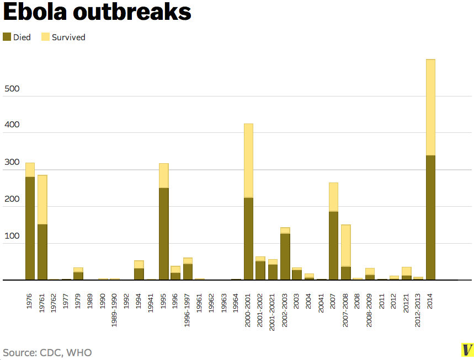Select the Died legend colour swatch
[x=7, y=37]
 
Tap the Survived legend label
[x=68, y=37]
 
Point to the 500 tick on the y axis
[x=12, y=89]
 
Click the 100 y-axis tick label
[x=12, y=236]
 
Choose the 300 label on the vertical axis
[x=12, y=162]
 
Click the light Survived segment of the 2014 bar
[x=430, y=108]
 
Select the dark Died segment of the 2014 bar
[x=430, y=218]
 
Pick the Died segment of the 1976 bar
[x=30, y=228]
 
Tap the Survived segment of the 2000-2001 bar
[x=248, y=160]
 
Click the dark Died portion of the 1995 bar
[x=163, y=234]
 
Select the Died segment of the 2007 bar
[x=333, y=245]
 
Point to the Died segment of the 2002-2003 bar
[x=285, y=256]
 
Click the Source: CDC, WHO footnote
[x=47, y=352]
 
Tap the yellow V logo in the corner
[x=467, y=350]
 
